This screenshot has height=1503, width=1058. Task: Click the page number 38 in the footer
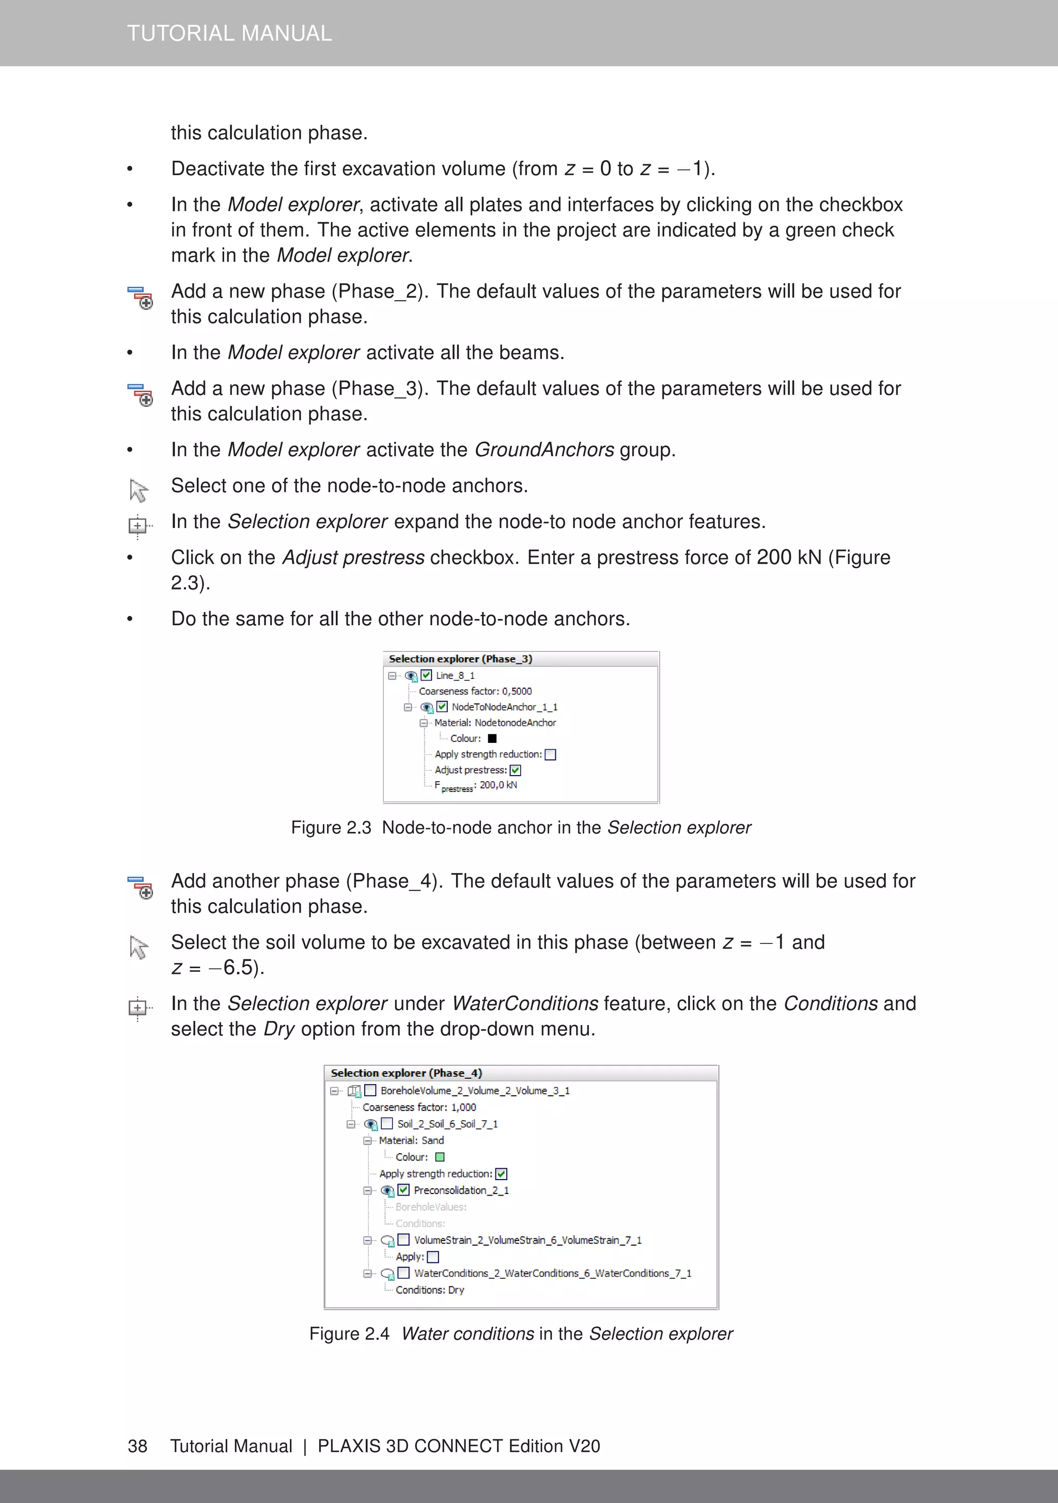click(137, 1446)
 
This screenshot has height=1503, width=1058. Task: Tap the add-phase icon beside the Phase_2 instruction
click(139, 297)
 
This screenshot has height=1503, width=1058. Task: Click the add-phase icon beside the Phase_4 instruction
click(139, 887)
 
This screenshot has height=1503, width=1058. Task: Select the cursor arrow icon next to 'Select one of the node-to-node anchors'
click(138, 490)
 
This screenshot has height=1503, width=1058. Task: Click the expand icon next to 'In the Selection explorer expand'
click(138, 525)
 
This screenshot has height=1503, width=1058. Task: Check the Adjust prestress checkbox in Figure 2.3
click(515, 770)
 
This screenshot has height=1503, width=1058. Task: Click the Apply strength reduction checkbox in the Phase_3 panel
click(551, 755)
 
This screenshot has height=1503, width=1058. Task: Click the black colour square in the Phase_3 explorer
click(492, 738)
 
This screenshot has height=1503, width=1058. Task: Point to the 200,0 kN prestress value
click(498, 785)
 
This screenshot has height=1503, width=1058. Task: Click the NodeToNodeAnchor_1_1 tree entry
click(504, 707)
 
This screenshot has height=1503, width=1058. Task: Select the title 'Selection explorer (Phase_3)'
click(460, 659)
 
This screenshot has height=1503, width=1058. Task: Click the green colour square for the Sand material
click(440, 1157)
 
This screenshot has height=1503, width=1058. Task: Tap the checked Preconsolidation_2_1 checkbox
click(404, 1190)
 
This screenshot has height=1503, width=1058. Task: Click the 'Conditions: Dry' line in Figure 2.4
click(429, 1290)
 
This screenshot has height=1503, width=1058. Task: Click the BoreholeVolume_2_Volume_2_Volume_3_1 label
click(475, 1091)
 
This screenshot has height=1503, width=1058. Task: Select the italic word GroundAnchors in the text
click(544, 450)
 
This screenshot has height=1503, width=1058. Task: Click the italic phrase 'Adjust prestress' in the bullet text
click(353, 557)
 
